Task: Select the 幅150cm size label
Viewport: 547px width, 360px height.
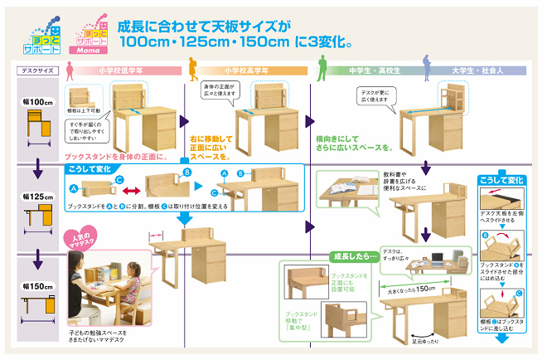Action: point(35,286)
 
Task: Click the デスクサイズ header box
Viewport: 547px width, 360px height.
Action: point(36,71)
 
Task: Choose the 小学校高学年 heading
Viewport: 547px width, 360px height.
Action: point(249,71)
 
